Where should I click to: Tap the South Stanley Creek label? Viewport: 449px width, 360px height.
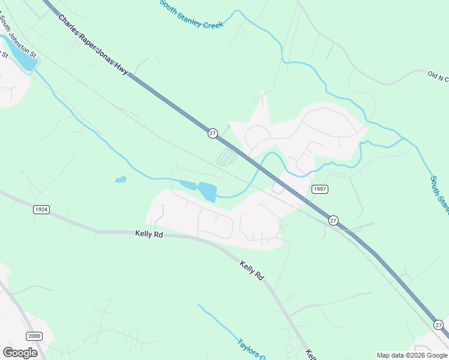point(191,15)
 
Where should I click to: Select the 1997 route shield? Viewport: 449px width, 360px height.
point(320,189)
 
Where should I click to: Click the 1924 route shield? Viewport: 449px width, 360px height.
point(41,209)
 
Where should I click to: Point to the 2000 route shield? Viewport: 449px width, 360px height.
point(34,336)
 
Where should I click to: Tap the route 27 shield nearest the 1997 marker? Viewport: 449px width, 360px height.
point(333,221)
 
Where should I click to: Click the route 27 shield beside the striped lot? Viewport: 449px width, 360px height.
point(212,133)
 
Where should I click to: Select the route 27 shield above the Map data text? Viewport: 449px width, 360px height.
point(439,325)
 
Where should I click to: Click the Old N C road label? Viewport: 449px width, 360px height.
point(437,76)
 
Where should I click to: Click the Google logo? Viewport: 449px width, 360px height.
point(20,353)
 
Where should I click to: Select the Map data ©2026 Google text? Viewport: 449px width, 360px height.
point(412,355)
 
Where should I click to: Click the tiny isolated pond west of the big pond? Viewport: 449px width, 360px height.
point(121,179)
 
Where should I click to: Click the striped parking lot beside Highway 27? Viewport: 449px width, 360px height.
point(226,158)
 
